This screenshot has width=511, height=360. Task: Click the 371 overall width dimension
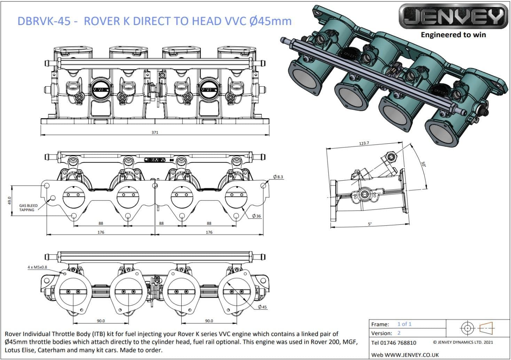pyautogui.click(x=155, y=132)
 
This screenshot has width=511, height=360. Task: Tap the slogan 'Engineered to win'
pyautogui.click(x=453, y=35)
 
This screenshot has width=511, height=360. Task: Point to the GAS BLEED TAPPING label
pyautogui.click(x=28, y=208)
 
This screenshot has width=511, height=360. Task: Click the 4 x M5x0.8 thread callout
pyautogui.click(x=37, y=267)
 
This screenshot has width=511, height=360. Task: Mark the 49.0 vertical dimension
pyautogui.click(x=9, y=201)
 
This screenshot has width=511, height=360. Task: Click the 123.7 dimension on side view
pyautogui.click(x=364, y=143)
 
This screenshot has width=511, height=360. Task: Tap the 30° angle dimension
pyautogui.click(x=423, y=164)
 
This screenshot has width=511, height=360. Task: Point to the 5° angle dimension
pyautogui.click(x=369, y=224)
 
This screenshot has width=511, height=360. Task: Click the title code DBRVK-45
pyautogui.click(x=43, y=21)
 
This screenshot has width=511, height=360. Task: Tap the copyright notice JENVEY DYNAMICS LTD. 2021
pyautogui.click(x=463, y=342)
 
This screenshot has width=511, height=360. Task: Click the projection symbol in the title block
pyautogui.click(x=478, y=328)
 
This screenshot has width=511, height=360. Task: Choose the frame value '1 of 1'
pyautogui.click(x=404, y=324)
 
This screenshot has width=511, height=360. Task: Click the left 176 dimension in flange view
pyautogui.click(x=101, y=232)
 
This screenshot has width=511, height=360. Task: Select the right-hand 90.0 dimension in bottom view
pyautogui.click(x=209, y=321)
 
